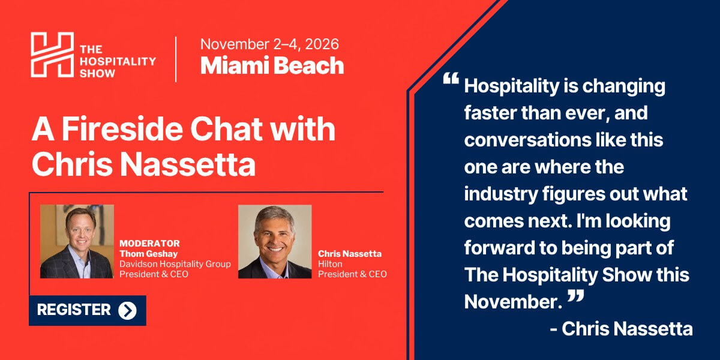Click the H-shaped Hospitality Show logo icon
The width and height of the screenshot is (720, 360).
[52, 55]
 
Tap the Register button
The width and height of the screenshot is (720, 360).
[88, 310]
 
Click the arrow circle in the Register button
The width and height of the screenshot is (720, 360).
[127, 311]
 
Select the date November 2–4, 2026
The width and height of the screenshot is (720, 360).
[269, 44]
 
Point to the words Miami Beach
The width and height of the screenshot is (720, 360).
[272, 66]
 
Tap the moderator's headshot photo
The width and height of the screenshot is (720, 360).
[77, 241]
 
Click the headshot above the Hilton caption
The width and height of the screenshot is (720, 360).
[275, 241]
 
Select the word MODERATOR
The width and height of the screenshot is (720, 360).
[149, 244]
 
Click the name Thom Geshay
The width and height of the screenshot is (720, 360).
[149, 254]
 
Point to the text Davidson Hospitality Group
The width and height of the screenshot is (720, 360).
[175, 264]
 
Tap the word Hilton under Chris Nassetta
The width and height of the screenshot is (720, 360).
[330, 264]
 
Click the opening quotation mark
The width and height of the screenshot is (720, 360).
[451, 79]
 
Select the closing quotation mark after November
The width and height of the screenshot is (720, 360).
[575, 296]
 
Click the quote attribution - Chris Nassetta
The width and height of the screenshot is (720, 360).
[622, 329]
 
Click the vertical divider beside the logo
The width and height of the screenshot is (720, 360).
[176, 59]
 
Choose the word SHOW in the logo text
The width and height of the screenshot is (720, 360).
[97, 74]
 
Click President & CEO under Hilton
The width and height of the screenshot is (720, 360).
[352, 274]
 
